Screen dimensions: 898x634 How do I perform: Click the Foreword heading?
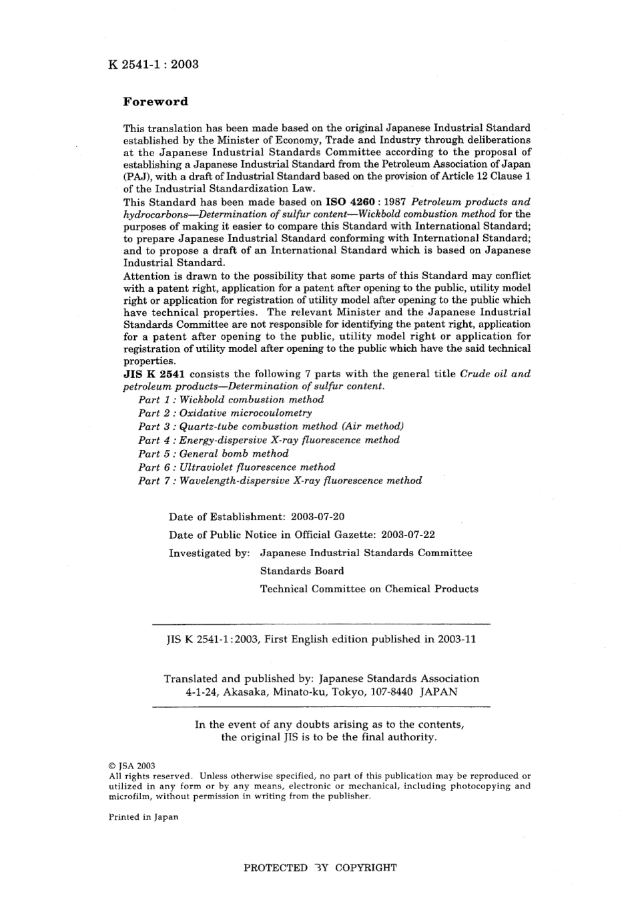point(155,102)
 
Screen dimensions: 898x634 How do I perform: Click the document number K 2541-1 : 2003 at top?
point(153,64)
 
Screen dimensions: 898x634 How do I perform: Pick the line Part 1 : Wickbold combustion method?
point(231,400)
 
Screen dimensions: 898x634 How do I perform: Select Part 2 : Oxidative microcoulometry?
point(225,413)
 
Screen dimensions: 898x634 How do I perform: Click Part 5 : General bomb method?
point(214,453)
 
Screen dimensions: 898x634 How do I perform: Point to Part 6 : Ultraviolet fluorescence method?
point(237,467)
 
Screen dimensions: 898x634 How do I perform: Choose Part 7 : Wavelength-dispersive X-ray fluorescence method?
point(280,481)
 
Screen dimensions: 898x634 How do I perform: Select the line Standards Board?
point(302,571)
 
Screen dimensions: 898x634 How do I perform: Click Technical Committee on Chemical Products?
point(369,589)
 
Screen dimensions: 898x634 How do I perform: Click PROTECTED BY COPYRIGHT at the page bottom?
point(320,868)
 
